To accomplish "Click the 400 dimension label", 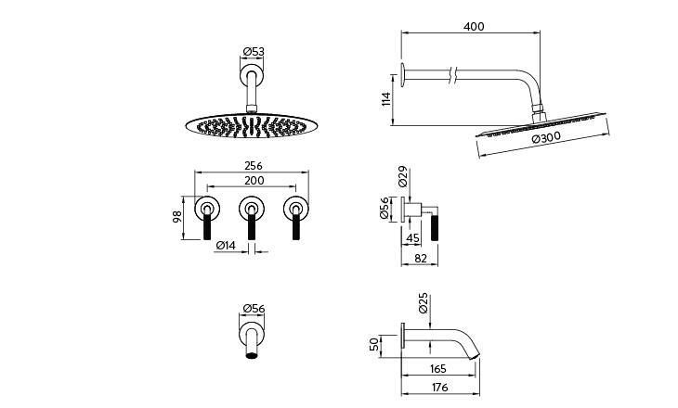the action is click(x=474, y=26).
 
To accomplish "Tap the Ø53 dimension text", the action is click(x=254, y=52).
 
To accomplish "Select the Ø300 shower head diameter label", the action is click(x=546, y=138).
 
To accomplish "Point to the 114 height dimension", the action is click(x=386, y=99).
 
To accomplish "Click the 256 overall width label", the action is click(x=254, y=166).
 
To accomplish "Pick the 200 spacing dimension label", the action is click(x=254, y=181).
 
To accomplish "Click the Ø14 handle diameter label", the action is click(x=226, y=245).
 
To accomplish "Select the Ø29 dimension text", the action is click(x=402, y=176).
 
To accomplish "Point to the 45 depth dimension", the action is click(x=413, y=238).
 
